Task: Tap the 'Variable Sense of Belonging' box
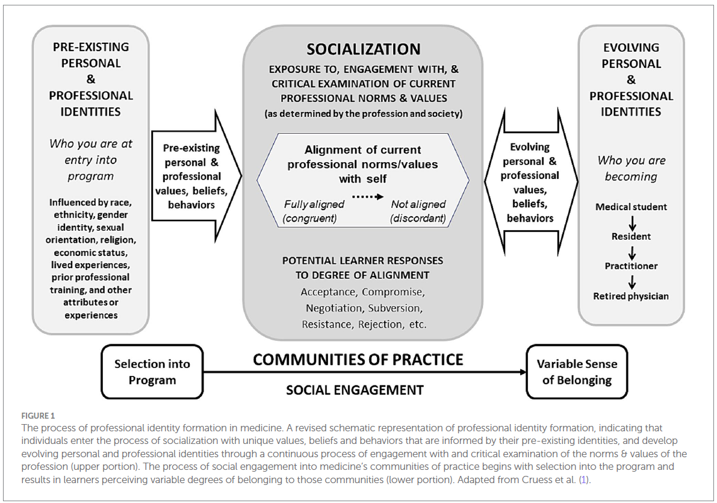coord(576,372)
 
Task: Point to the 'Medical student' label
coord(631,207)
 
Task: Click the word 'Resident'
coord(631,236)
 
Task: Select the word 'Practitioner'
coord(631,266)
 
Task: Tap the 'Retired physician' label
coord(631,296)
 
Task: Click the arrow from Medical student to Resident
coord(631,221)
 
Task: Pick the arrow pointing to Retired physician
coord(631,281)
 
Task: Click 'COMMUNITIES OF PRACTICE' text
coord(358,360)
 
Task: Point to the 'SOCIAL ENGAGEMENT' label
coord(354,390)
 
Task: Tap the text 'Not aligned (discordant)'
coord(418,211)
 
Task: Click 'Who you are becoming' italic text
coord(631,169)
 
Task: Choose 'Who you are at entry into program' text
coord(90,160)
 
